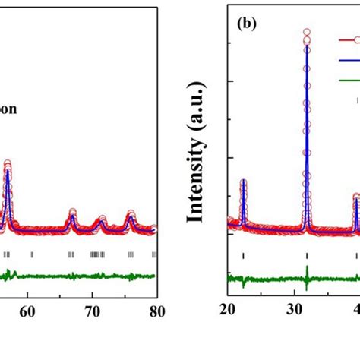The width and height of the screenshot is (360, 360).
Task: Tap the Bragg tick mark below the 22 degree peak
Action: coord(243,254)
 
